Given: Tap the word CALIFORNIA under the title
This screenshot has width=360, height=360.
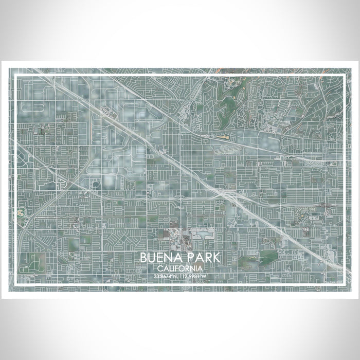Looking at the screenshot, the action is (180, 268).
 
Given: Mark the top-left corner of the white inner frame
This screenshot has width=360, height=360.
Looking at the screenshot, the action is (16, 75).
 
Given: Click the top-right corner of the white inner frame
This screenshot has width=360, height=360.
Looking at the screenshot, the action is (344, 75).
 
